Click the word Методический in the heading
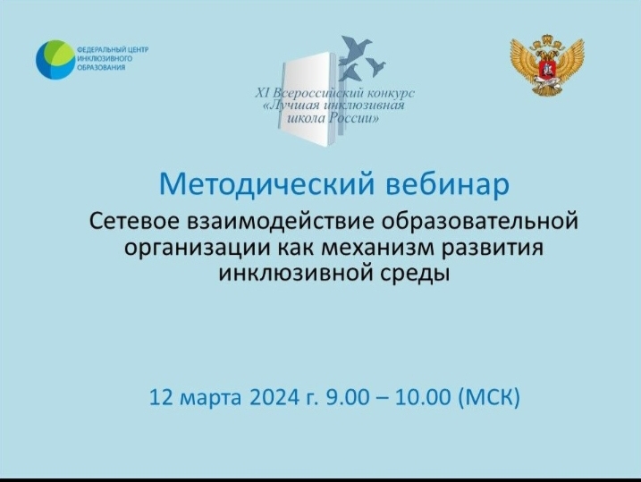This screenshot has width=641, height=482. tap(266, 185)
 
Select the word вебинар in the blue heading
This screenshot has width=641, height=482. tap(448, 184)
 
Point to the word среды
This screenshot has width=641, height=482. tap(416, 274)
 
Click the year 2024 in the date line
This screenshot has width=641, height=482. tap(274, 396)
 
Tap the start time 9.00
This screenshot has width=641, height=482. tap(348, 396)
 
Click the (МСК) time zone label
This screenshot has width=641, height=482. tap(489, 396)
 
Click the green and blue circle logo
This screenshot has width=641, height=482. tap(55, 60)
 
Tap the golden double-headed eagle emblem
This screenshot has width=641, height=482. tap(547, 65)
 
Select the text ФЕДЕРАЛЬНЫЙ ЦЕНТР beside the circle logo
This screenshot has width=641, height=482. tap(113, 50)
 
